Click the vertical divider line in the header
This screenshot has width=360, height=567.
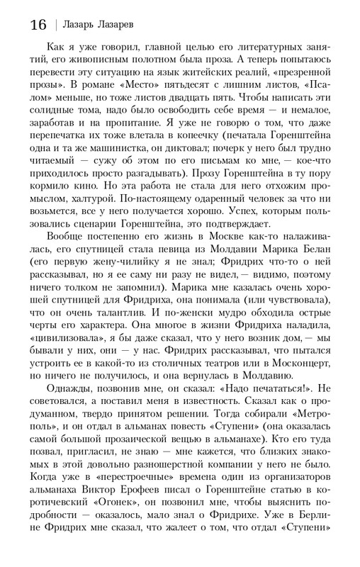56,26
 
